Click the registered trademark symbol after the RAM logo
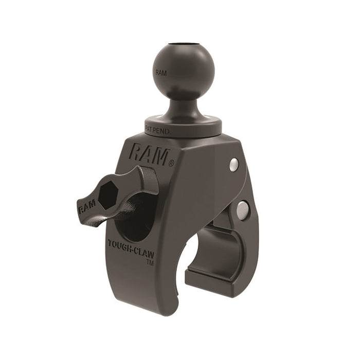171,164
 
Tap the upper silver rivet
233,164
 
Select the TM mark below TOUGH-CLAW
150,263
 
